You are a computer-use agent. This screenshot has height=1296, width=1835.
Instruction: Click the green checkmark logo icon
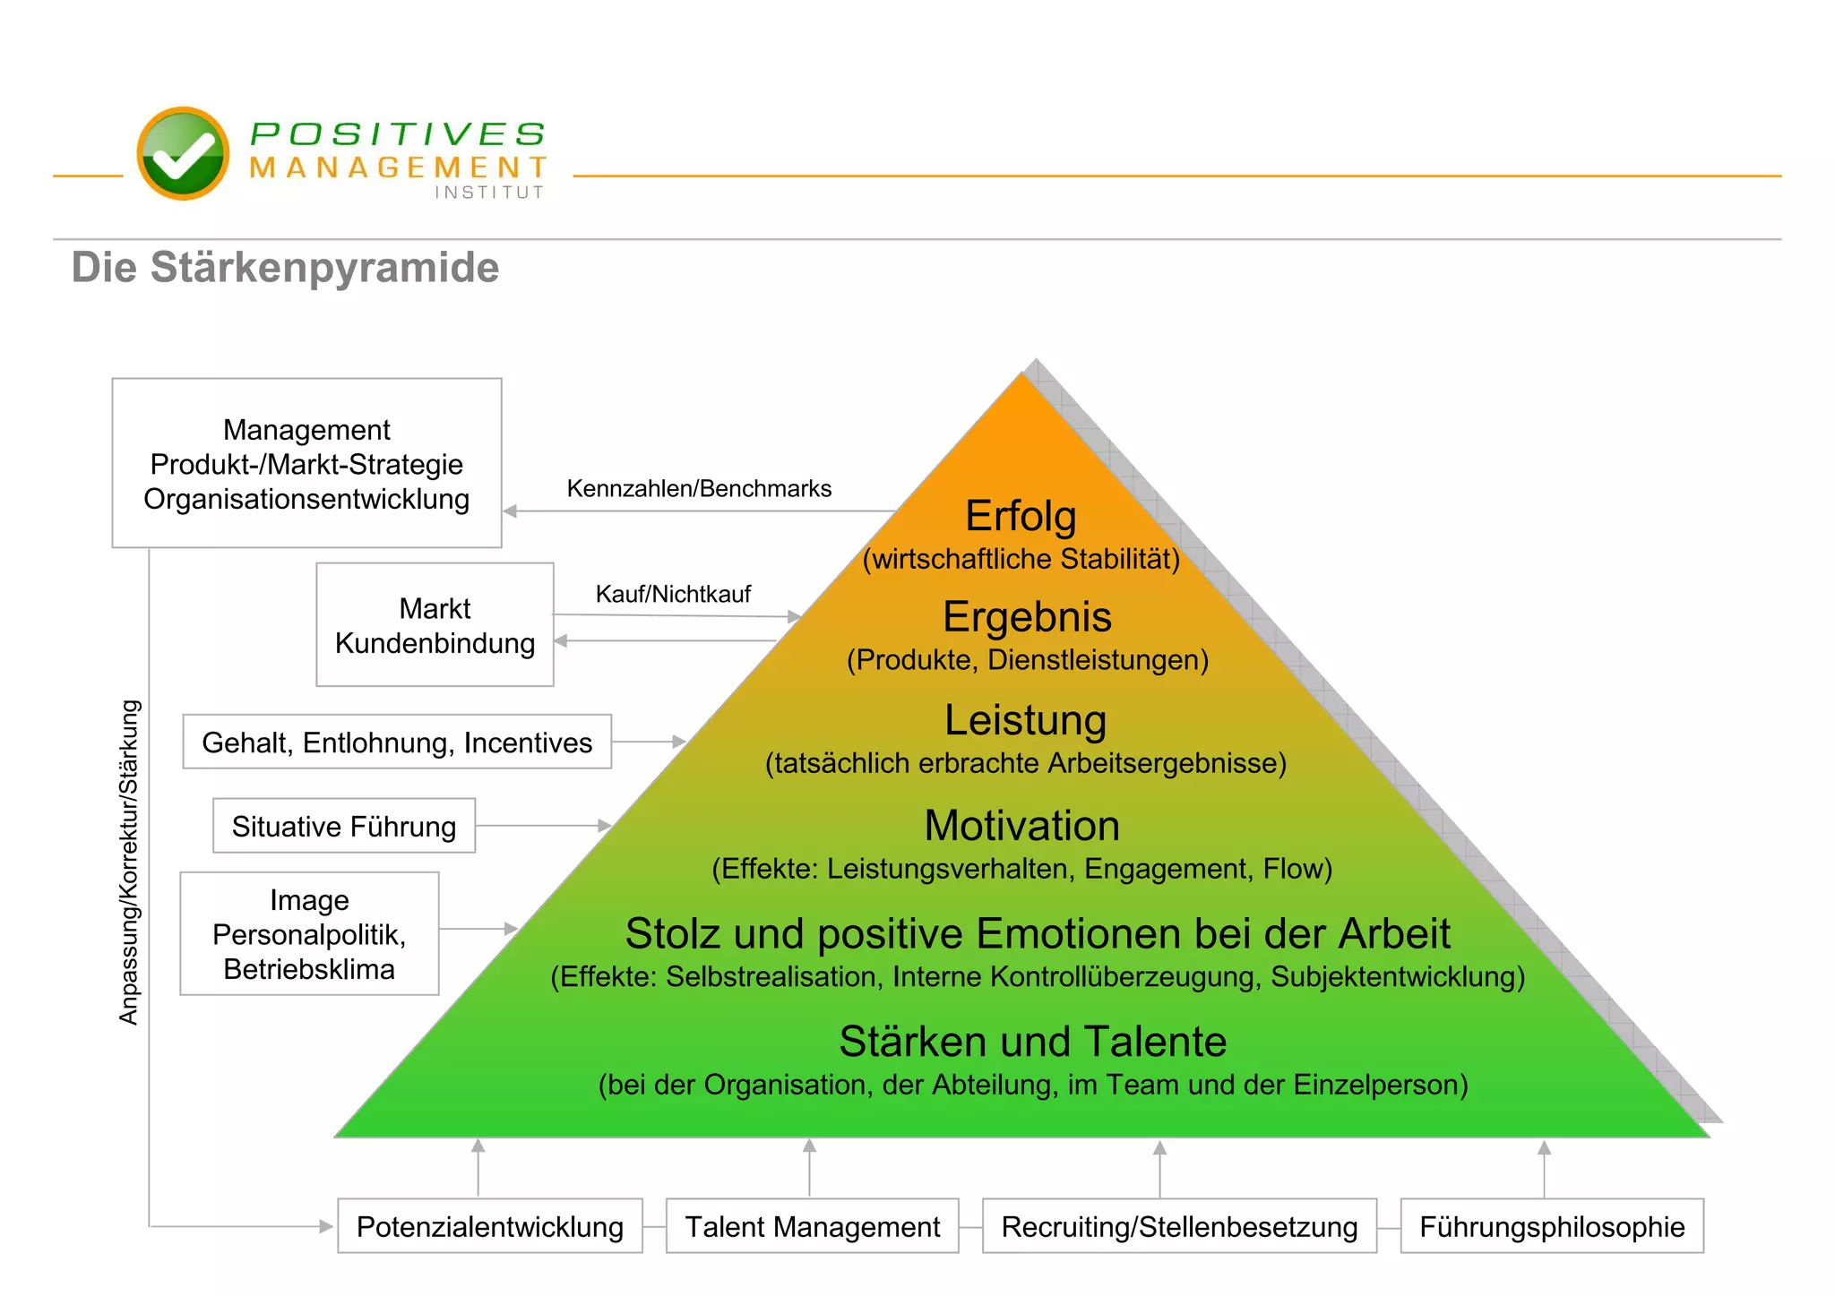(x=183, y=153)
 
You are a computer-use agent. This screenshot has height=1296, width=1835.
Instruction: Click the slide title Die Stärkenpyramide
(x=285, y=268)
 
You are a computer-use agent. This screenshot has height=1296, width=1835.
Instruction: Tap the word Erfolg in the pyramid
(x=1021, y=516)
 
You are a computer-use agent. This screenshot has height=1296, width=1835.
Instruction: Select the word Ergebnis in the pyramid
(x=1027, y=617)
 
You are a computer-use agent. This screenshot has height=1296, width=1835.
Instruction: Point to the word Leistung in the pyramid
(x=1025, y=720)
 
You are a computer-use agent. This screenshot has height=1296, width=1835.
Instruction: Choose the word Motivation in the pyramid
(x=1021, y=826)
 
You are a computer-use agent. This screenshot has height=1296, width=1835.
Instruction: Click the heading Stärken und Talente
(x=1032, y=1042)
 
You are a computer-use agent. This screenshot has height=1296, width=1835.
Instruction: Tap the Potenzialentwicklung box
(x=489, y=1226)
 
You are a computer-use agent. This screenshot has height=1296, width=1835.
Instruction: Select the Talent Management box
(x=812, y=1226)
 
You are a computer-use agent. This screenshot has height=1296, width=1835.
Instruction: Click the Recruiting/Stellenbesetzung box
(x=1179, y=1226)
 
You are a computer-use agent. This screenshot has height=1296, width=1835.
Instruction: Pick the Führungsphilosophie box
(x=1551, y=1226)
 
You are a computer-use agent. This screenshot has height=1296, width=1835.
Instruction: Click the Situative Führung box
(x=344, y=826)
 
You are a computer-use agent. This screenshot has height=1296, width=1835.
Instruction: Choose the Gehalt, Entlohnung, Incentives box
(x=397, y=742)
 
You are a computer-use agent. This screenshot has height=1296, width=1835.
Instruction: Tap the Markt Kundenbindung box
(x=435, y=625)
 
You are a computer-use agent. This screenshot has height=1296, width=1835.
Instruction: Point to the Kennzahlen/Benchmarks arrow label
(x=699, y=489)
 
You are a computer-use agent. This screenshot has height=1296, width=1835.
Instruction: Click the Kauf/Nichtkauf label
(x=673, y=594)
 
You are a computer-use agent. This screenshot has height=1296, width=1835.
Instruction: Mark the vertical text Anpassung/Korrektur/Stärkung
(x=130, y=862)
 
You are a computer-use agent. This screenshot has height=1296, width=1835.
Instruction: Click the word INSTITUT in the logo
(x=489, y=193)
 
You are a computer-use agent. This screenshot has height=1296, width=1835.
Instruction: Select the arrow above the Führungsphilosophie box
(x=1544, y=1168)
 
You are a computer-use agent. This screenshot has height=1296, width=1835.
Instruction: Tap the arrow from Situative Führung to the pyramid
(x=543, y=825)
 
